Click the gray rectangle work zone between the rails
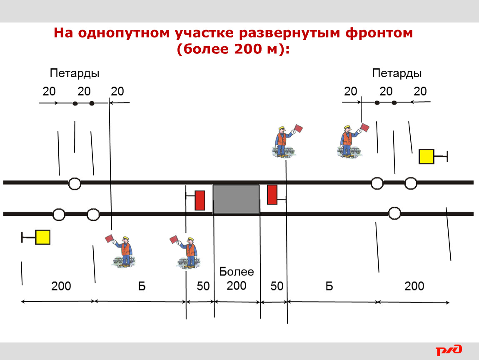[x=236, y=199]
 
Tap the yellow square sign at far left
[x=42, y=237]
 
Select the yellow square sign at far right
[x=426, y=157]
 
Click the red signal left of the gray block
[x=200, y=200]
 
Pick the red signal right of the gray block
[x=272, y=194]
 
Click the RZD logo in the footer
[x=449, y=350]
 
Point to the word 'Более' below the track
[x=237, y=271]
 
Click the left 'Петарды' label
[x=75, y=74]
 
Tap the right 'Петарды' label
[x=397, y=74]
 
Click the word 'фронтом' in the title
[x=379, y=32]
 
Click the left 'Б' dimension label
[x=142, y=286]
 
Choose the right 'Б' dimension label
[x=329, y=286]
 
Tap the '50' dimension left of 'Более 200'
[x=203, y=286]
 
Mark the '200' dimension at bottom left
[x=61, y=286]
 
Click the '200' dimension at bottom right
[x=414, y=286]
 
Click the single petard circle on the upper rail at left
[x=75, y=184]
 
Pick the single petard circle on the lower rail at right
[x=394, y=213]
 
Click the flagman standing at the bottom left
[x=122, y=252]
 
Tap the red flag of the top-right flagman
[x=365, y=127]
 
